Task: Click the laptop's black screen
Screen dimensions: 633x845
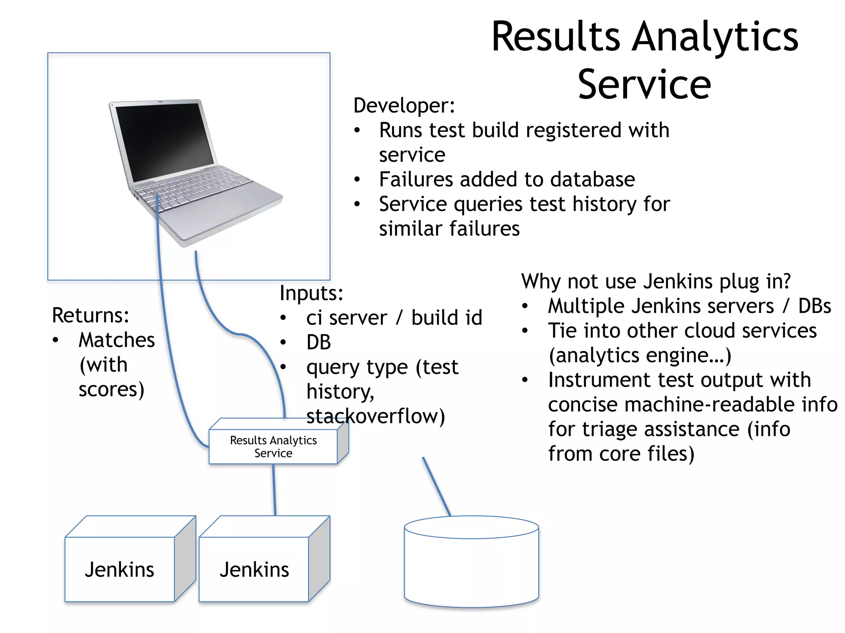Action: click(165, 140)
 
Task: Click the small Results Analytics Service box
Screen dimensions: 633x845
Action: click(273, 447)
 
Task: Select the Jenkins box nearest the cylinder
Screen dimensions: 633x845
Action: click(254, 569)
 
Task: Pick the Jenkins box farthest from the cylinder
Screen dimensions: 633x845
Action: click(120, 569)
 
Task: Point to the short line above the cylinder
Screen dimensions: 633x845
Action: click(437, 486)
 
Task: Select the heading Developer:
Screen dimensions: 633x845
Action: click(404, 105)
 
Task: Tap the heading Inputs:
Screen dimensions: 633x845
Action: click(311, 293)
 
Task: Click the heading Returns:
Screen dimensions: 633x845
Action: click(90, 316)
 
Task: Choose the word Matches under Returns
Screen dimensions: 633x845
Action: click(117, 340)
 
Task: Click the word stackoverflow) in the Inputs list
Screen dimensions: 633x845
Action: click(375, 416)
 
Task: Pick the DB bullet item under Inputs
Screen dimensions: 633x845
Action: click(319, 342)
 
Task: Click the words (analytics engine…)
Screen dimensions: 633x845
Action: click(640, 356)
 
